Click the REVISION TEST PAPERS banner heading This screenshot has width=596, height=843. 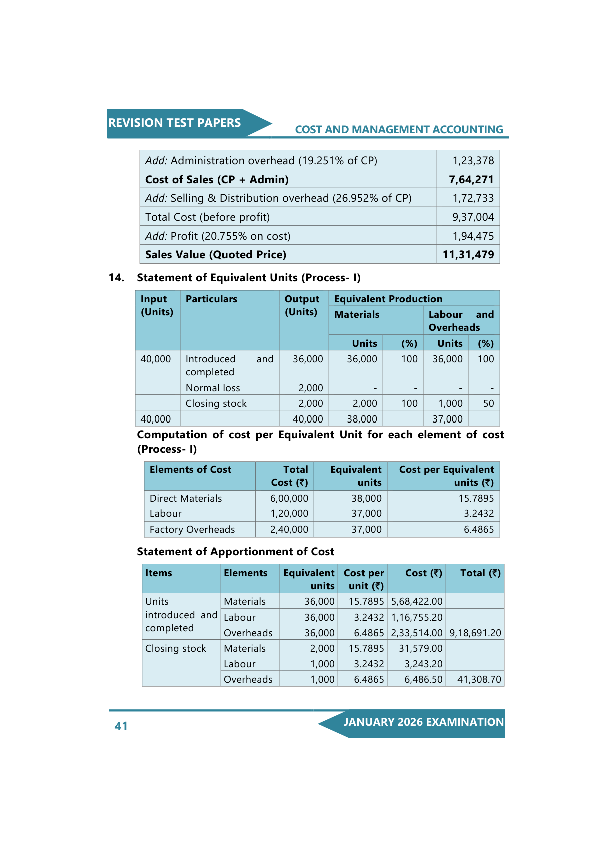point(174,123)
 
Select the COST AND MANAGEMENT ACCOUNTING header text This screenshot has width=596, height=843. point(399,130)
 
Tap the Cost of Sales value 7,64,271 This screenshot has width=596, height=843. point(471,179)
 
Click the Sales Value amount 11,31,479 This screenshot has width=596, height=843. point(468,255)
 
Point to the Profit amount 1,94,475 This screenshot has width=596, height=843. point(473,236)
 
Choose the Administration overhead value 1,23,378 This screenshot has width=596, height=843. point(473,161)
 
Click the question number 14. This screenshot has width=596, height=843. point(116,278)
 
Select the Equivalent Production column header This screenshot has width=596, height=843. point(388,299)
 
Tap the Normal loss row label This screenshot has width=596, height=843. point(213,388)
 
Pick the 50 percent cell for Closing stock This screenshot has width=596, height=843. point(488,403)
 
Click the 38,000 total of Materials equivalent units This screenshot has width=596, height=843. point(362,419)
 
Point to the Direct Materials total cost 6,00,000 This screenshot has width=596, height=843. point(289,498)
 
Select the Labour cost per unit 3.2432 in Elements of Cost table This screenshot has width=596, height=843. point(478,513)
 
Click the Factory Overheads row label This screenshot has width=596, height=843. point(192,529)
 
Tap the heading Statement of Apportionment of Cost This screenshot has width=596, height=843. point(235,552)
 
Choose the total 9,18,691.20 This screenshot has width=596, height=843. point(475,633)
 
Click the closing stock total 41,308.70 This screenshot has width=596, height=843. point(479,679)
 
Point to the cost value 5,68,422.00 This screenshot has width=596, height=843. point(416,601)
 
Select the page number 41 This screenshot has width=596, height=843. point(121,726)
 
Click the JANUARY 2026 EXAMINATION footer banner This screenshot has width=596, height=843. point(423,722)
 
